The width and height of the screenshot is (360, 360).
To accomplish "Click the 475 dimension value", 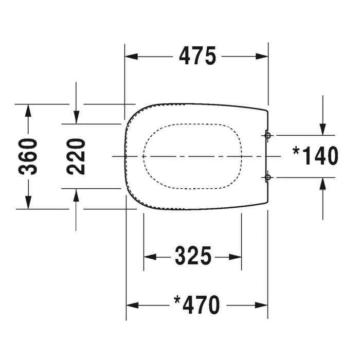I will pos(197,56).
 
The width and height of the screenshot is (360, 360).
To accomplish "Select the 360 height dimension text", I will pos(29,156).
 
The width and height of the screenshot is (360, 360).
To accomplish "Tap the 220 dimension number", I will pos(76,156).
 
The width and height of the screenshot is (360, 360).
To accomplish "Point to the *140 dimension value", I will pos(315,156).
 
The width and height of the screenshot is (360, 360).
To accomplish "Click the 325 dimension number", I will pos(193,256).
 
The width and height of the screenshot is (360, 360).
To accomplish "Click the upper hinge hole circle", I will pos(267,135).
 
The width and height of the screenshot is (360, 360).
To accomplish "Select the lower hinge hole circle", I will pos(267,177).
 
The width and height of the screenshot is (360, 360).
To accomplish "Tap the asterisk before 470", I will pos(177,299).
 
